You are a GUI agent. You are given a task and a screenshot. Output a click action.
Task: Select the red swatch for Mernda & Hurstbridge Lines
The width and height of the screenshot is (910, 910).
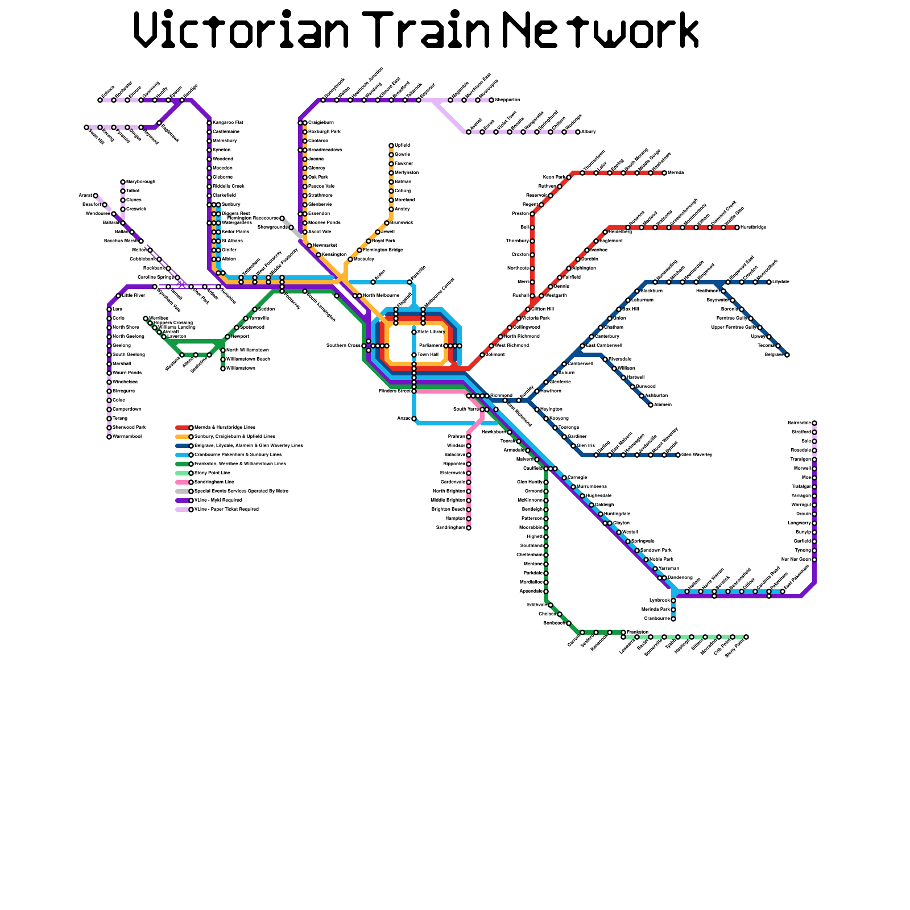(183, 428)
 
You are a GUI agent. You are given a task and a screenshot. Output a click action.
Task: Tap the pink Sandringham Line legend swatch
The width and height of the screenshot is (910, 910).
(183, 482)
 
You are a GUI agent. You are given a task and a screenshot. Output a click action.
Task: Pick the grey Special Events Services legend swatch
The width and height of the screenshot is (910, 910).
(183, 491)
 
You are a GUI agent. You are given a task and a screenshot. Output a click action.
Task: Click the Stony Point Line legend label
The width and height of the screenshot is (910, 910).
(212, 473)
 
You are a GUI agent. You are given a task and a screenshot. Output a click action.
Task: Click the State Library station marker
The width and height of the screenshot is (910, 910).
(414, 332)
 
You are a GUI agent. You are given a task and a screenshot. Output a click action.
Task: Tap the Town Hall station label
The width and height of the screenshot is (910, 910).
(428, 355)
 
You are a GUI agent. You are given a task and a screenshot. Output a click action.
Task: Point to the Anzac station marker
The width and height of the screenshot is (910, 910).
(414, 419)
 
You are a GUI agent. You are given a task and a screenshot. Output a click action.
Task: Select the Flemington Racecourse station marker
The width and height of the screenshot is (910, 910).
(282, 218)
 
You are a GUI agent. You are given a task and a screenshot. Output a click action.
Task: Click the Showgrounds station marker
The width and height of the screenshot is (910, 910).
(291, 227)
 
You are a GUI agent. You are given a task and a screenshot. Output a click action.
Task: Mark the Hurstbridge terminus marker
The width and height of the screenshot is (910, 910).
(737, 227)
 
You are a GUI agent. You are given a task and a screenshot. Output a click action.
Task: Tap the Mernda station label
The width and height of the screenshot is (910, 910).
(676, 173)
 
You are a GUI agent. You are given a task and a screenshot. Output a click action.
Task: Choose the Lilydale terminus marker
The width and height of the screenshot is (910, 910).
(769, 282)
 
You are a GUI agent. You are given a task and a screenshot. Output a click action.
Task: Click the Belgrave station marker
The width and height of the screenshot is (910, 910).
(787, 355)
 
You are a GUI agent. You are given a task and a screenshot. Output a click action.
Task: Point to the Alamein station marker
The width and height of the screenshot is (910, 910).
(651, 405)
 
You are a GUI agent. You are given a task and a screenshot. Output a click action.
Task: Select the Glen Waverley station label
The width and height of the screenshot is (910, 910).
(697, 455)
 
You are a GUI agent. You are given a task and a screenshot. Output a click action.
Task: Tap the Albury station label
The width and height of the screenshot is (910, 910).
(589, 132)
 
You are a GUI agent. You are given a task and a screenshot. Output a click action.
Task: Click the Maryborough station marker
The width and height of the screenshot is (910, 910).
(123, 182)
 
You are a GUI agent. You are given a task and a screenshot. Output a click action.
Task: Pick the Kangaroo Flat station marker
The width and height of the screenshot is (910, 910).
(209, 123)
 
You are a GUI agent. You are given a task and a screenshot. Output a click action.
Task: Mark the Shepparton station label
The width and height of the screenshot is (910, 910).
(507, 100)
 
